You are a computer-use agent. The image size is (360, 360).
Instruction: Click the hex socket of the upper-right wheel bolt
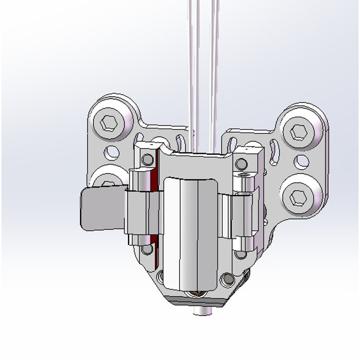point(299,132)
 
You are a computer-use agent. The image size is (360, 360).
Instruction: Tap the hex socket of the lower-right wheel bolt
point(299,196)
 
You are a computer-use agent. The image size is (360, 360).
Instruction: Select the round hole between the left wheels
point(113,153)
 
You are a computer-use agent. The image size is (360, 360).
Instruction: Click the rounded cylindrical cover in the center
point(190,232)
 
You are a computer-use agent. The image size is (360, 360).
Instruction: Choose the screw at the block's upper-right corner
point(241,164)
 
